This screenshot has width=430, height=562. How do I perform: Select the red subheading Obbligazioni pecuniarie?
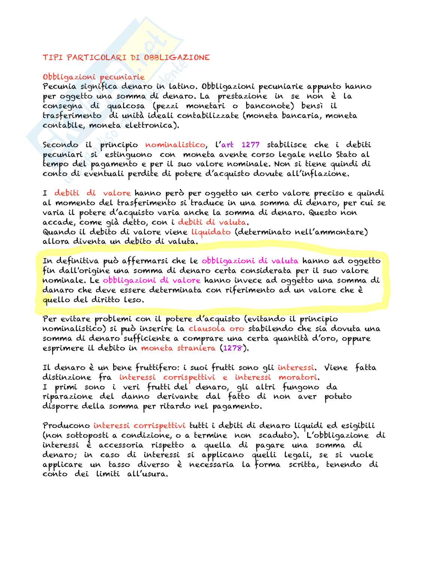pos(94,77)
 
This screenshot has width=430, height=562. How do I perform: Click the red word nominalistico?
pos(175,145)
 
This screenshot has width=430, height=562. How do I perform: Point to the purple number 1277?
pos(251,145)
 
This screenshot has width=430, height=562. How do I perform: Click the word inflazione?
pos(322,174)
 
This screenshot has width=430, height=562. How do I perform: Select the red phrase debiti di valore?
pos(92,193)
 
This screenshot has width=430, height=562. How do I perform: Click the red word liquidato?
pos(211,232)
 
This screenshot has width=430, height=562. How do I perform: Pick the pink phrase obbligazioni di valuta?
pos(250,261)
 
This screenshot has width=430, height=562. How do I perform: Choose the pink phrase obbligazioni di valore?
pos(151,280)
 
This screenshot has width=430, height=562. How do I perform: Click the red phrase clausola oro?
pos(216,329)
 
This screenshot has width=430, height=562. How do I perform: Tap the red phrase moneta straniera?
pos(178,348)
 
